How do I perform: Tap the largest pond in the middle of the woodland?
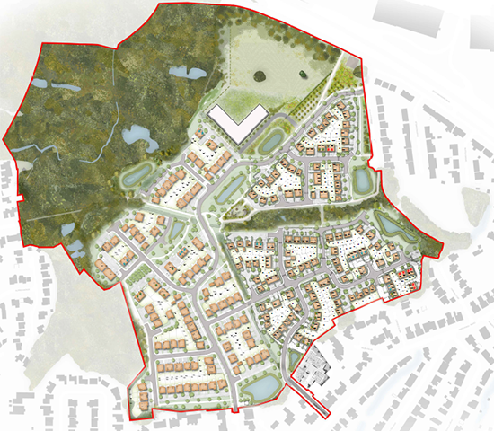coord(138,136)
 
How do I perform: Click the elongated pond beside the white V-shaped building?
coord(270,141)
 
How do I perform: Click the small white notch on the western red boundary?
coord(18,196)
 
